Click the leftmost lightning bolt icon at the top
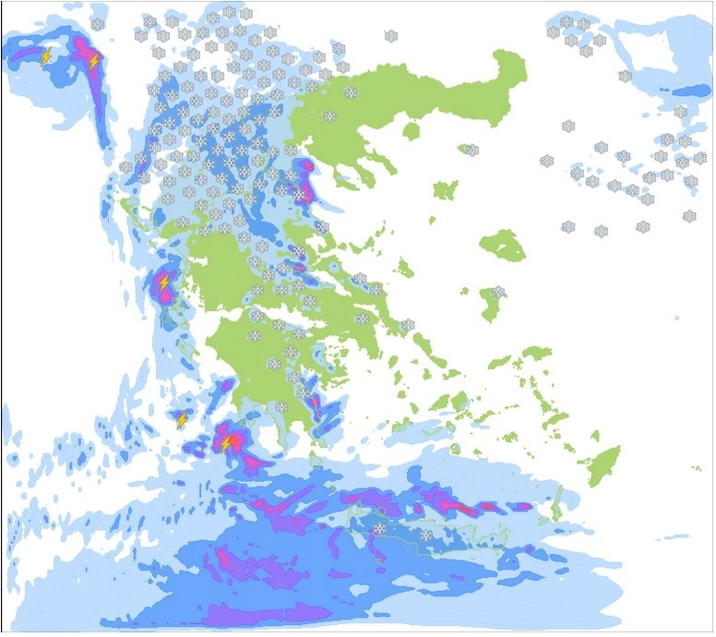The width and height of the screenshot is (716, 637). tap(46, 56)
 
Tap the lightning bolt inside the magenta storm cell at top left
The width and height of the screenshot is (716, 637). tap(93, 61)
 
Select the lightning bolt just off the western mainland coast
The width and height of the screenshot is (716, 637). tap(164, 282)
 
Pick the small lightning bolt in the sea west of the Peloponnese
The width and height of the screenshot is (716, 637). tap(182, 420)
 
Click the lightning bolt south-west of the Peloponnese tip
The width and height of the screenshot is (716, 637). tap(227, 444)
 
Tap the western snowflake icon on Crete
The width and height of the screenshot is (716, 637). tap(379, 528)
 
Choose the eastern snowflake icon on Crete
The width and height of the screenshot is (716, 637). tap(425, 535)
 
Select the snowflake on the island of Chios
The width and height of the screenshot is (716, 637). tap(498, 292)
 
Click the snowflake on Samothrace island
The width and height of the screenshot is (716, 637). tap(472, 150)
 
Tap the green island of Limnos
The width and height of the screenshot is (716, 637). tap(446, 191)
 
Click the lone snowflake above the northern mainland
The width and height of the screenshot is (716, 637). tap(391, 36)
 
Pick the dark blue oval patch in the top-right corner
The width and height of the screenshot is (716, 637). tap(692, 91)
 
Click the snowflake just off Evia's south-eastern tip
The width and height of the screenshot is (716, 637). tap(408, 326)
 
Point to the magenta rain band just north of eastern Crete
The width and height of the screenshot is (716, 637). tap(452, 503)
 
